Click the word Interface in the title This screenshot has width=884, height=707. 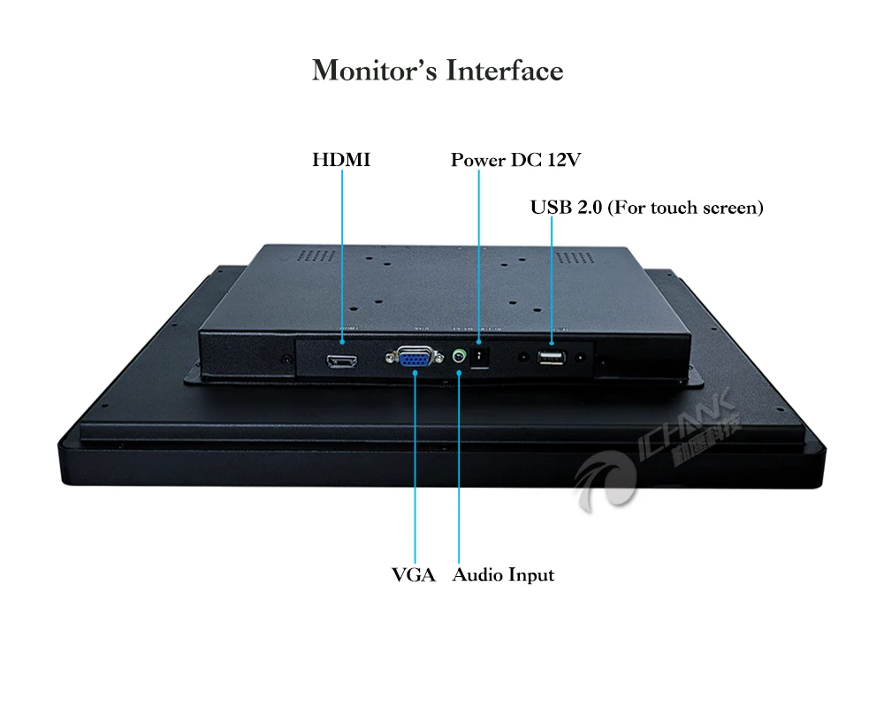(x=505, y=71)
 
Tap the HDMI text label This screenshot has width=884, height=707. (x=340, y=160)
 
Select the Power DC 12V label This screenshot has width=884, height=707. (x=515, y=160)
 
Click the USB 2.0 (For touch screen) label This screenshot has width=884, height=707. (x=646, y=208)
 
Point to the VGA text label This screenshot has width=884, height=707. (x=414, y=575)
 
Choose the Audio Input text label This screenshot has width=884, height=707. (x=503, y=575)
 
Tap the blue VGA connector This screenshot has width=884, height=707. (x=414, y=358)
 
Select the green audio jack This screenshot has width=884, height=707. (x=459, y=357)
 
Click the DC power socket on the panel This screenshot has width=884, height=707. (x=480, y=356)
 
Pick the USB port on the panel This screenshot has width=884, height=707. (x=552, y=358)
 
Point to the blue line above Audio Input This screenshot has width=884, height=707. (x=459, y=468)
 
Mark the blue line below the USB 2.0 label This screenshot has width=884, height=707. (x=552, y=274)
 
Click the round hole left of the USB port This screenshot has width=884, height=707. (x=523, y=358)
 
